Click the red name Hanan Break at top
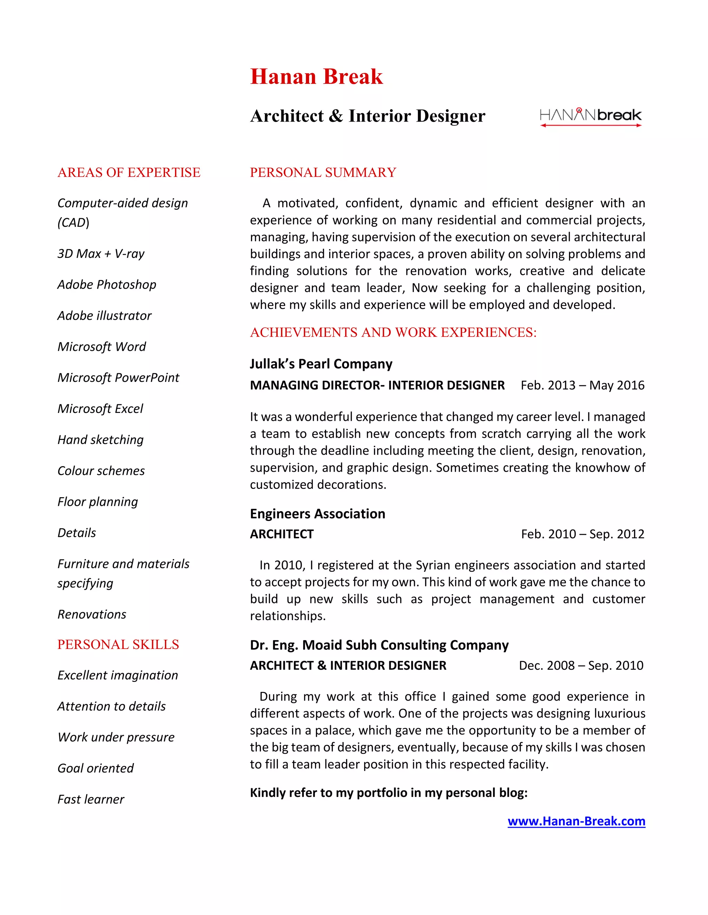coord(316,77)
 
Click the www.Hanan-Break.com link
coord(576,821)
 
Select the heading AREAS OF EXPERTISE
coord(129,173)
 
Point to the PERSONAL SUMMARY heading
coord(323,173)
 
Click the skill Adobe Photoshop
coord(106,285)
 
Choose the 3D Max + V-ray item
coord(101,254)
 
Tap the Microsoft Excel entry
coord(100,409)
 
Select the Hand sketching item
coord(100,440)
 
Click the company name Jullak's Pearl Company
coord(321,364)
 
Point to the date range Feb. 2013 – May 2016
coord(582,385)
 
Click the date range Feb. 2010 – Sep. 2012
coord(582,534)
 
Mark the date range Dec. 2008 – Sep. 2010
coord(581,666)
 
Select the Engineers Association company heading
coord(317,514)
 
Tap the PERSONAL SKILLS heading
coord(118,644)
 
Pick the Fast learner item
coord(91,799)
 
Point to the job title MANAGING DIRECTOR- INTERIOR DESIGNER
coord(377,385)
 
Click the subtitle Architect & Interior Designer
coord(367,116)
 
